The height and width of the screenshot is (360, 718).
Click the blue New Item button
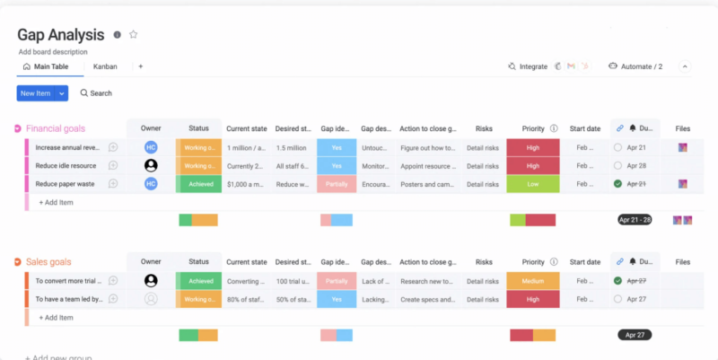coord(36,92)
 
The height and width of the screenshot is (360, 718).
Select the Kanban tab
coord(105,66)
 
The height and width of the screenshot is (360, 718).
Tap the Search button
coord(96,92)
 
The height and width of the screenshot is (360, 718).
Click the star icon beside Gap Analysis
coord(134,34)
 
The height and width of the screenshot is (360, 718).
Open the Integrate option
coord(527,66)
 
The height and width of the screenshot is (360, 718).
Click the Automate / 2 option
coord(635,66)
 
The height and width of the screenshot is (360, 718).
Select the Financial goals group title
coord(56,128)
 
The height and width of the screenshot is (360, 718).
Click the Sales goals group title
coord(48,262)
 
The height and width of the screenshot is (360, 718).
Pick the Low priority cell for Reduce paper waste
coord(532,183)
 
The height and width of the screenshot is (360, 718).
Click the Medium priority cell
coord(532,280)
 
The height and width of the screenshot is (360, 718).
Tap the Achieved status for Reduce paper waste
coord(199,183)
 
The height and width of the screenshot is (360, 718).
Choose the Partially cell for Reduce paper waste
coord(337,183)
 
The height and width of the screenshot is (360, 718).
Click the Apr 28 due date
coord(636,165)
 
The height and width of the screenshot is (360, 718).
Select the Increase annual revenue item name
coord(67,147)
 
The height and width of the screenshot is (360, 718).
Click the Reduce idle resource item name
coord(66,165)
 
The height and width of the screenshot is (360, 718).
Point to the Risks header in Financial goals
coord(484,128)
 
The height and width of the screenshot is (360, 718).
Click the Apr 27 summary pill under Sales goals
coord(635,334)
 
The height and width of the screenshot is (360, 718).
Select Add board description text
coord(54,52)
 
